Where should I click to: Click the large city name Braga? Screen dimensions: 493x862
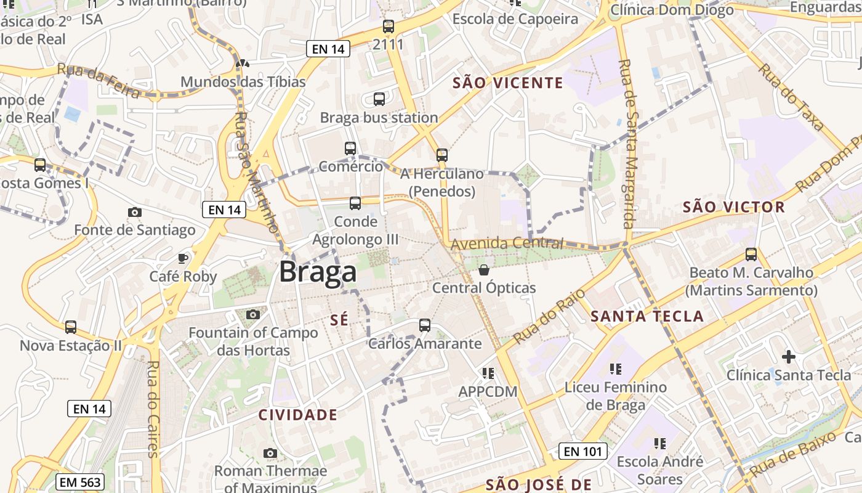click(x=318, y=272)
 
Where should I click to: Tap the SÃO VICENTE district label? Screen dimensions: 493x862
click(x=508, y=83)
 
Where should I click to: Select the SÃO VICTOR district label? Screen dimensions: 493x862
click(x=734, y=207)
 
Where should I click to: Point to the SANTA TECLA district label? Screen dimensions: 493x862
click(x=647, y=317)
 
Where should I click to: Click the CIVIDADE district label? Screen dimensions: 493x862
click(x=297, y=415)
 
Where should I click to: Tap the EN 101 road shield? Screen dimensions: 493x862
click(x=583, y=451)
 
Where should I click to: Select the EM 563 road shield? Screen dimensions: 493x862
click(x=79, y=482)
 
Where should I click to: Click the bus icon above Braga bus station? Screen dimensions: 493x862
click(x=379, y=99)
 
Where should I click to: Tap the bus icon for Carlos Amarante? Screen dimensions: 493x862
click(x=425, y=325)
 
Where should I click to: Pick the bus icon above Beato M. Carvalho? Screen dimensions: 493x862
click(x=751, y=254)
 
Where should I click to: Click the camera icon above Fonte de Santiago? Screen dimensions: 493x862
click(x=134, y=212)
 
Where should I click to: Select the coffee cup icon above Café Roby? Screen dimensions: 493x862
click(x=183, y=258)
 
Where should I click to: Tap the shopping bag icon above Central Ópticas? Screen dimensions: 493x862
click(x=484, y=270)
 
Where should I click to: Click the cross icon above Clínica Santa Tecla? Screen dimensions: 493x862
click(x=788, y=356)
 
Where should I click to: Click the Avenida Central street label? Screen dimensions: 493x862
click(x=507, y=243)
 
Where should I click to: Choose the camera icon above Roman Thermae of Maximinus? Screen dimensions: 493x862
click(x=270, y=453)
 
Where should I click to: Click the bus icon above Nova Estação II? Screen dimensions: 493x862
click(x=71, y=327)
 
